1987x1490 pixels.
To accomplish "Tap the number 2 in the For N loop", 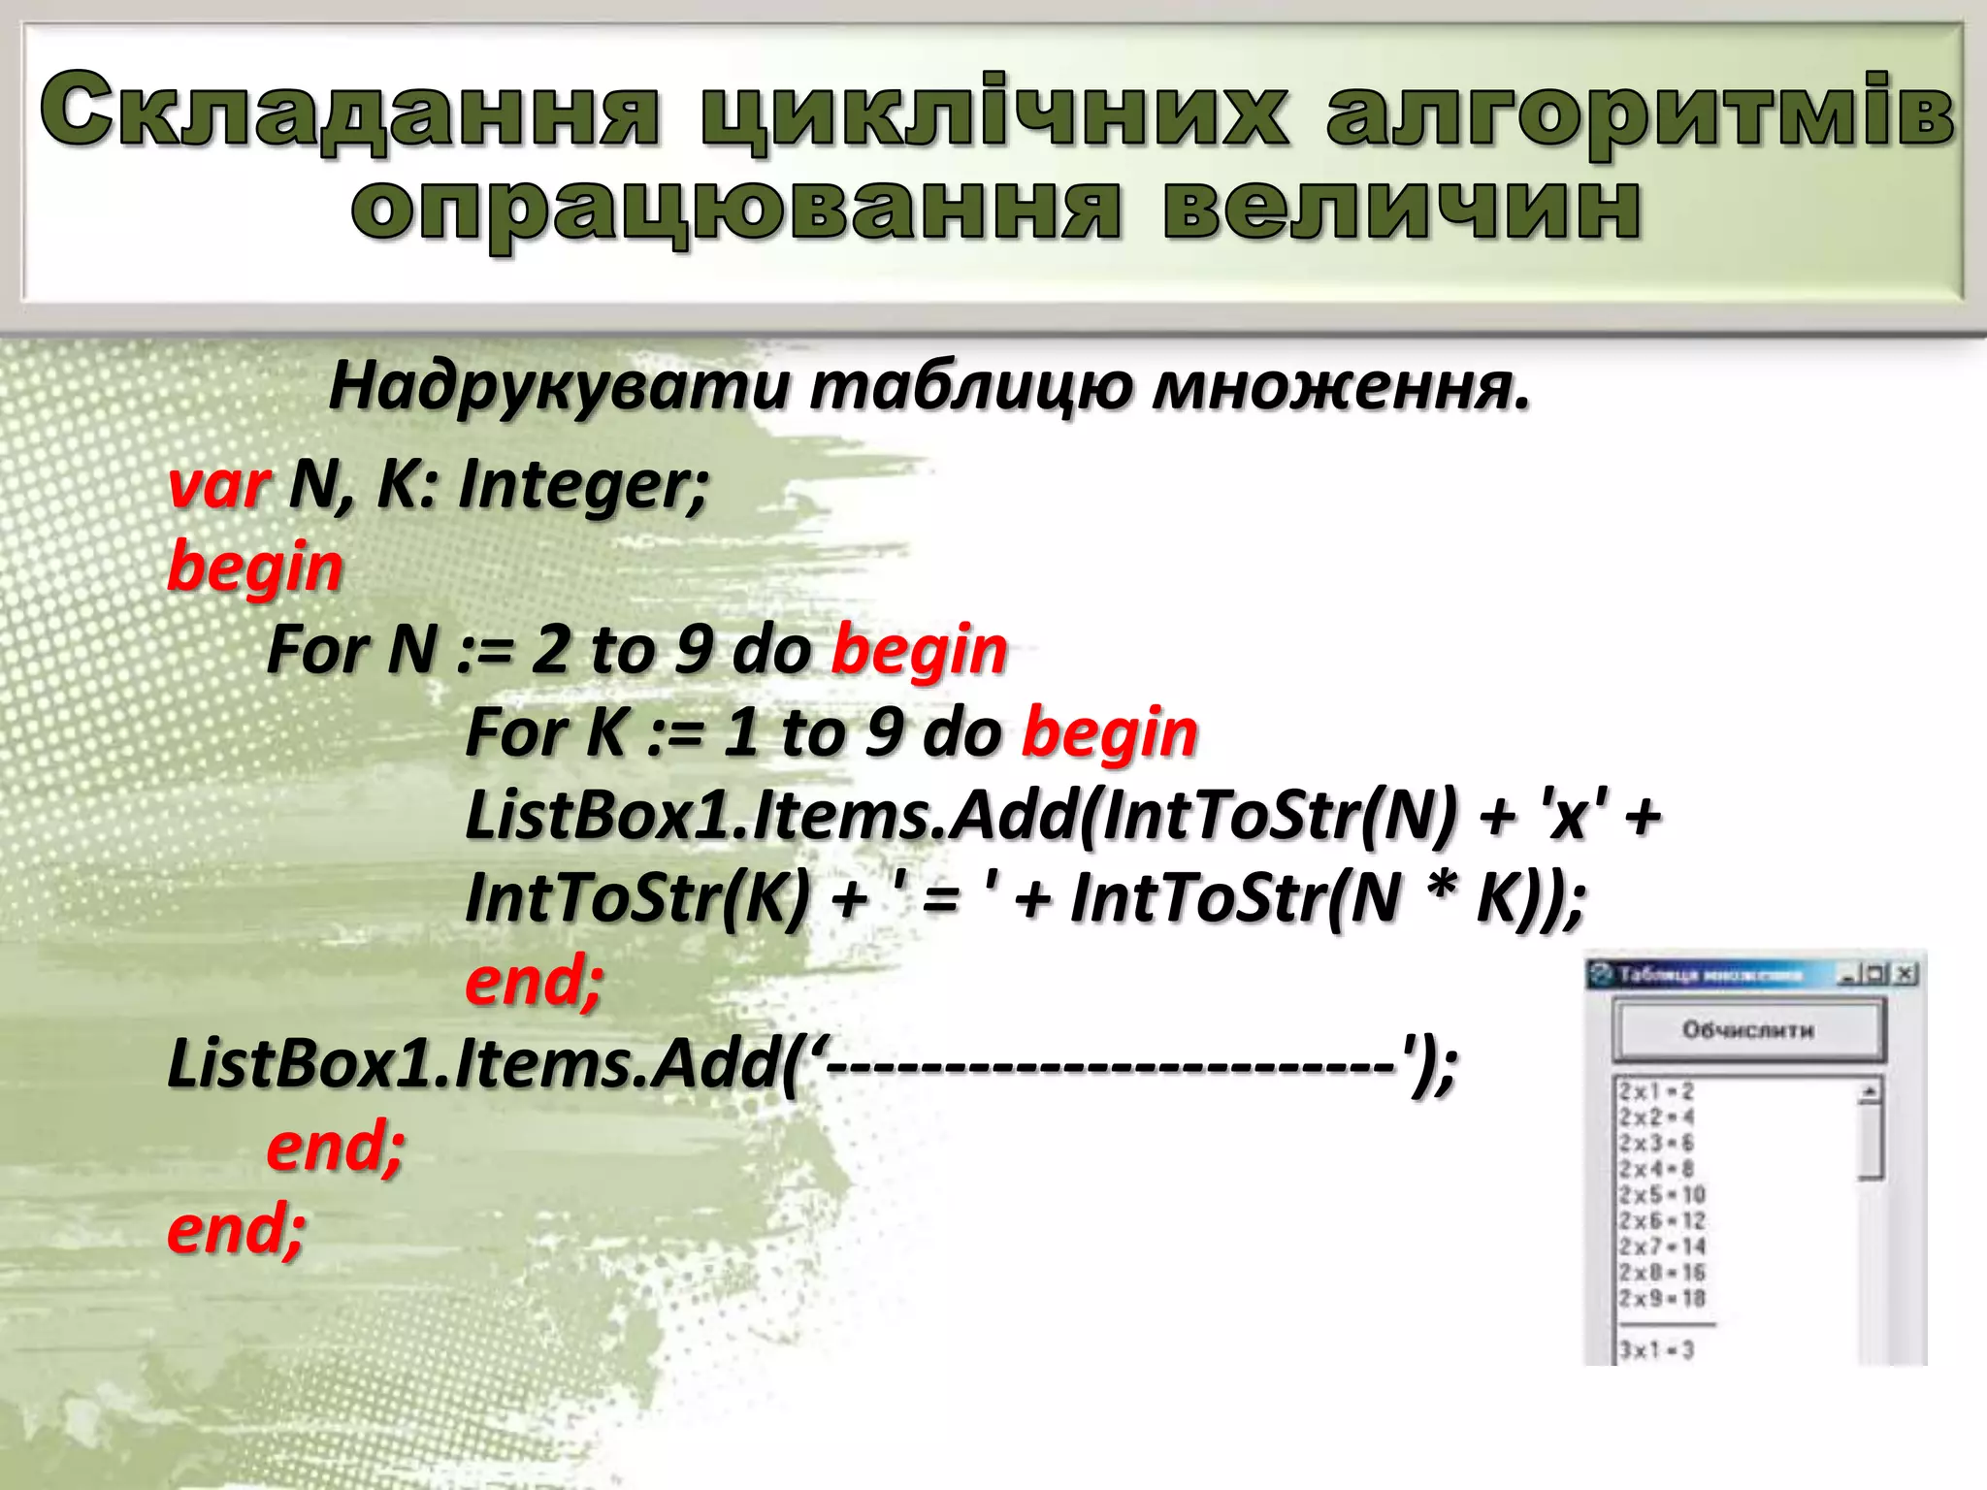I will point(550,649).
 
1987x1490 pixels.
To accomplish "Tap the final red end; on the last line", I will point(237,1229).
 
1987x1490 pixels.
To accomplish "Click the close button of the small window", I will point(1906,974).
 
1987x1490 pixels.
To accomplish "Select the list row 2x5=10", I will point(1661,1194).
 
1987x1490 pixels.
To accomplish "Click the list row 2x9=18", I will point(1661,1298).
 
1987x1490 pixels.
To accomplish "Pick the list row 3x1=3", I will point(1655,1349).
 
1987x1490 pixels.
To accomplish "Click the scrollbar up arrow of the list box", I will point(1870,1092).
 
